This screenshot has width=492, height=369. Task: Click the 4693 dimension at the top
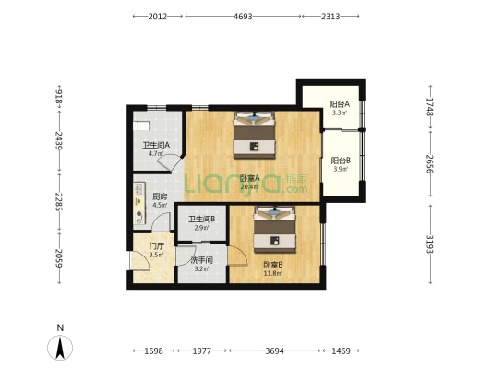[243, 17]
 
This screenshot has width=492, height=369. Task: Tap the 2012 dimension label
[158, 17]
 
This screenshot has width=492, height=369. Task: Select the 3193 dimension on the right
[430, 244]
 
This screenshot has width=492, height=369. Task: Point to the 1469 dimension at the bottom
[341, 351]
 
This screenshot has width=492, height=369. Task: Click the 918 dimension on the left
[59, 96]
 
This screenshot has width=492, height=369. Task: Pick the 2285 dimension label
[59, 202]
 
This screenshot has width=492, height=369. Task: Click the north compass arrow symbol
[60, 348]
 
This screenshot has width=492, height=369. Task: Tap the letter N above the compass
[60, 327]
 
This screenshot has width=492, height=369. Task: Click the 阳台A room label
[340, 103]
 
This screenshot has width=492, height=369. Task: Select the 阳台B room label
[341, 161]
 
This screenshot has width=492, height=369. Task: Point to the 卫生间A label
[156, 145]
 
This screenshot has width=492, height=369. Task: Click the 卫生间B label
[202, 220]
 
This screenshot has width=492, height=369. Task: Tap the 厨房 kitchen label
[160, 196]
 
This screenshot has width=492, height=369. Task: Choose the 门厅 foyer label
[157, 245]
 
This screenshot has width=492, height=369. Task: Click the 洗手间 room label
[202, 260]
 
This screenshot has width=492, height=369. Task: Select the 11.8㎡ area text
[272, 273]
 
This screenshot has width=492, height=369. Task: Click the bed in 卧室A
[254, 135]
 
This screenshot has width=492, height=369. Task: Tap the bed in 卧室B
[275, 229]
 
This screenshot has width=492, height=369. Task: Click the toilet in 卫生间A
[141, 126]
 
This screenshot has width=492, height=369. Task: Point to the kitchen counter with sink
[139, 204]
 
